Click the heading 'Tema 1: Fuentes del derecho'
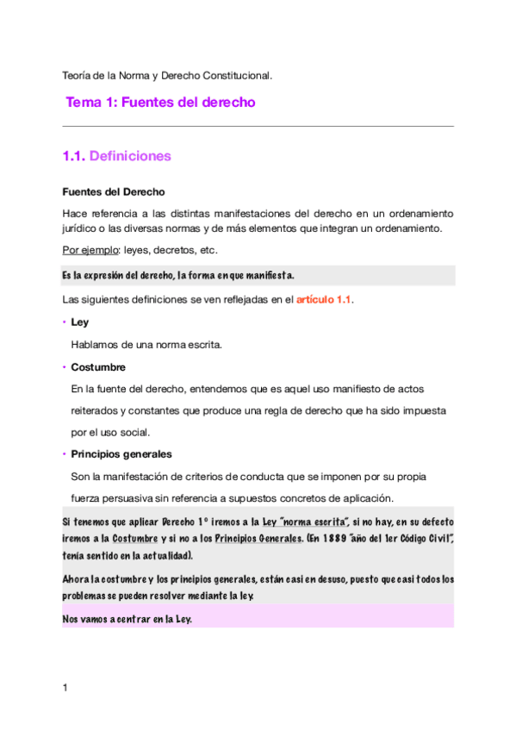pos(160,103)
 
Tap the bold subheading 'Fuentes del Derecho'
pos(114,191)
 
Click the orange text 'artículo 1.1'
pos(324,300)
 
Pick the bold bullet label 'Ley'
pos(79,322)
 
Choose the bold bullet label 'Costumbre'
pos(98,366)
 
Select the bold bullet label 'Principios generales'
pos(121,454)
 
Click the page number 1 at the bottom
pos(65,687)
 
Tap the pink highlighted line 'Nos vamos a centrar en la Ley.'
pos(127,618)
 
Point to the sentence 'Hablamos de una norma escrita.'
pos(146,345)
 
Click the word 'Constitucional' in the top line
pos(233,76)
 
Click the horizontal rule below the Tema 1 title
pos(258,127)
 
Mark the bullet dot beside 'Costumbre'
pos(65,367)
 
